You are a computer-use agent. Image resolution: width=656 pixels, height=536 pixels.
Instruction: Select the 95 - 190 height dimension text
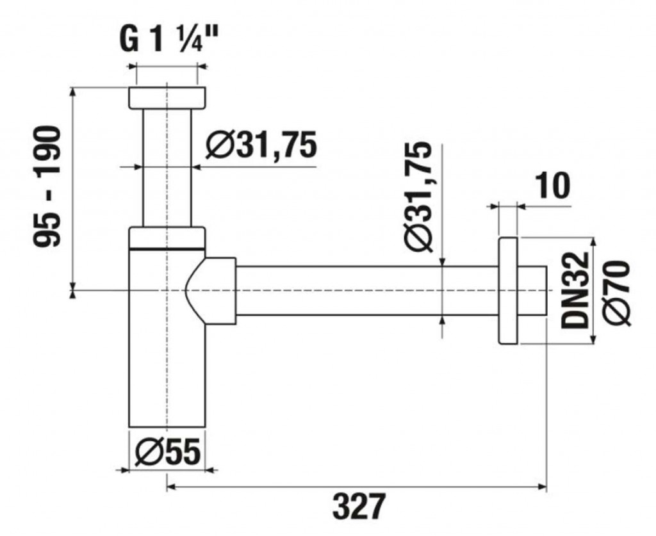tap(48, 186)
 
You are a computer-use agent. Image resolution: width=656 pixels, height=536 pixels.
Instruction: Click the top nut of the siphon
tap(167, 97)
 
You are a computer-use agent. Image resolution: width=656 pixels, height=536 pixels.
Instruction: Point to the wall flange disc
tap(507, 291)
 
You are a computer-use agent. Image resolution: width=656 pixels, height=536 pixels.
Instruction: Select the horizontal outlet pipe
tap(365, 291)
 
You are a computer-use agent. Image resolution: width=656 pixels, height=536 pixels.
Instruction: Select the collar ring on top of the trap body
tap(167, 237)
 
